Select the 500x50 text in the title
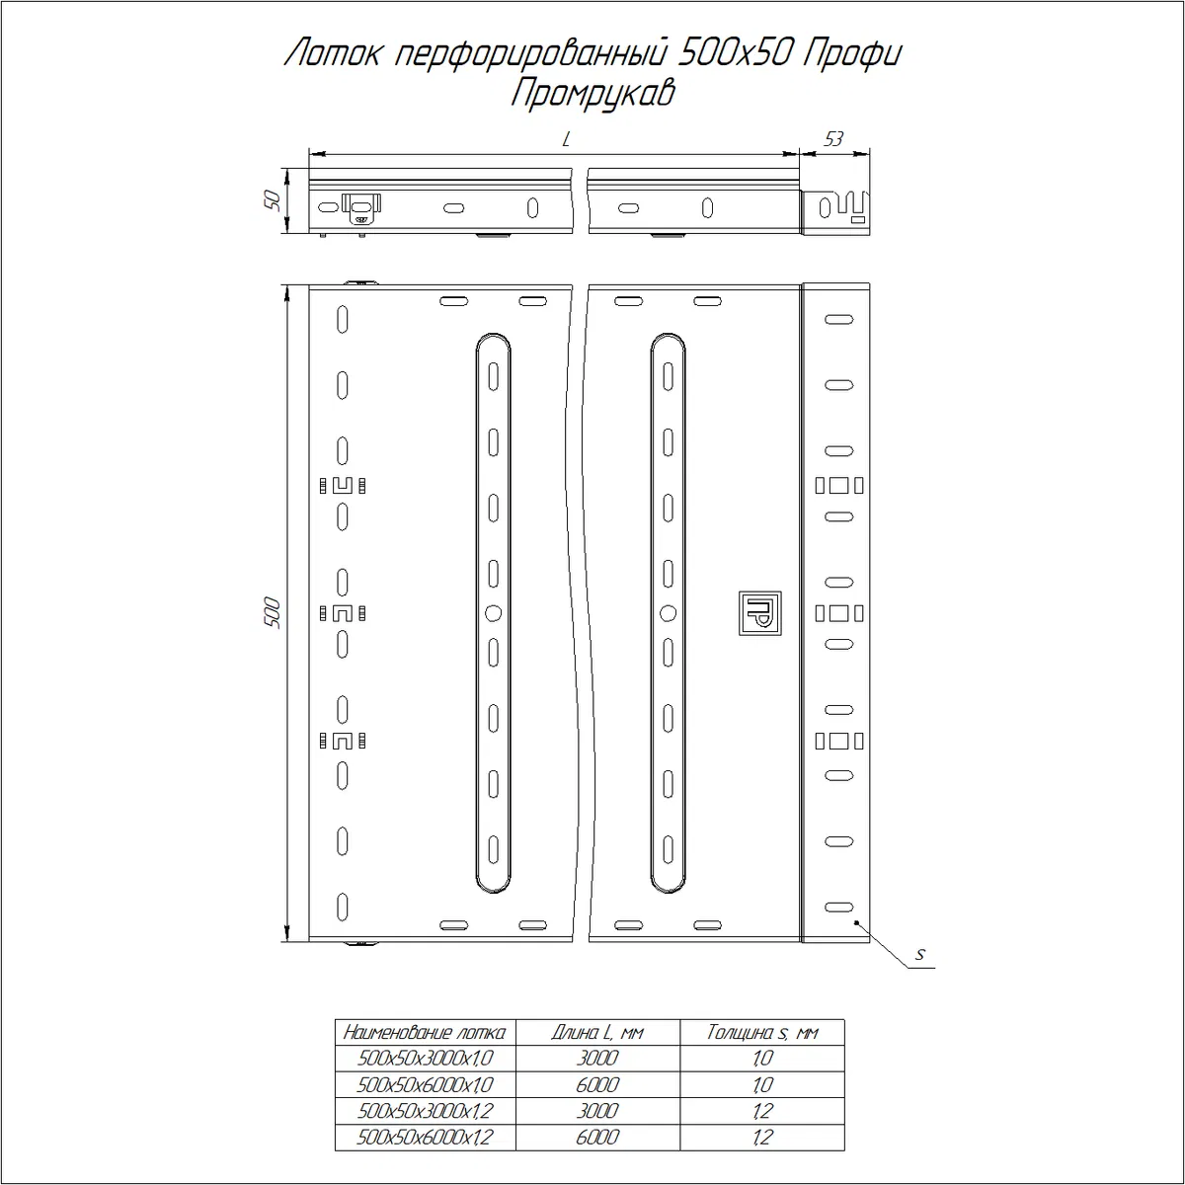click(x=730, y=55)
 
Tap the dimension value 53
click(x=833, y=139)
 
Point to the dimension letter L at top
click(x=567, y=139)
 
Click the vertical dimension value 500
click(x=272, y=612)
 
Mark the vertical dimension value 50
click(x=272, y=201)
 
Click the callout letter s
click(x=920, y=954)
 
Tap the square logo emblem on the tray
click(x=760, y=613)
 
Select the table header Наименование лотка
click(x=425, y=1033)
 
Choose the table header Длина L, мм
click(x=597, y=1033)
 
